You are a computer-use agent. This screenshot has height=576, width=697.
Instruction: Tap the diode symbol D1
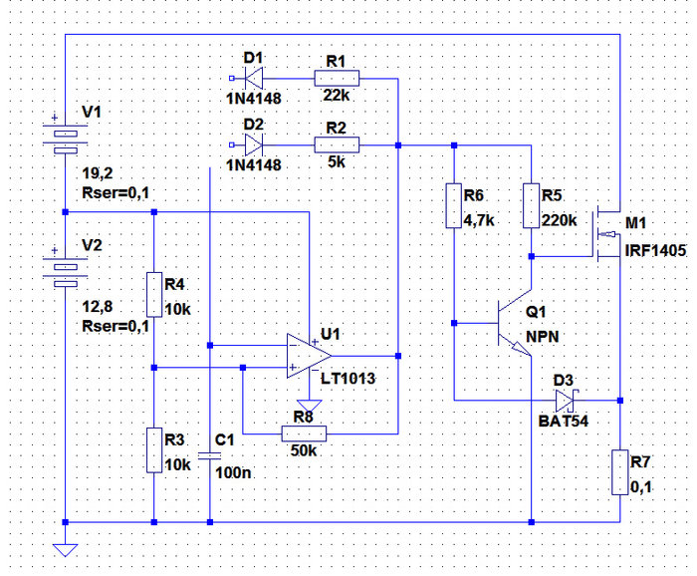(x=253, y=77)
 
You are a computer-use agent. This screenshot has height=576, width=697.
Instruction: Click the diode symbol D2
(x=253, y=145)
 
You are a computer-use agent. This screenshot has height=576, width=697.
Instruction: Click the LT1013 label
(x=348, y=378)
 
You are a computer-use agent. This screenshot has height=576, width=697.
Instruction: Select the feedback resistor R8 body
(x=305, y=433)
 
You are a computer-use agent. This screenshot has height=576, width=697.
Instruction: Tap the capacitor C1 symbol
(x=210, y=454)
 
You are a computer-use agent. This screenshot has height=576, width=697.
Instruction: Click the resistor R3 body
(x=154, y=449)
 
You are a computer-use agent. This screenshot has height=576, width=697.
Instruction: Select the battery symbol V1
(x=65, y=135)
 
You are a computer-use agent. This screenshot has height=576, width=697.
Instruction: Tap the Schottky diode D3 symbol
(x=566, y=401)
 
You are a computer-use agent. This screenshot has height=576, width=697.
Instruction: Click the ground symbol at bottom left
(x=65, y=547)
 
